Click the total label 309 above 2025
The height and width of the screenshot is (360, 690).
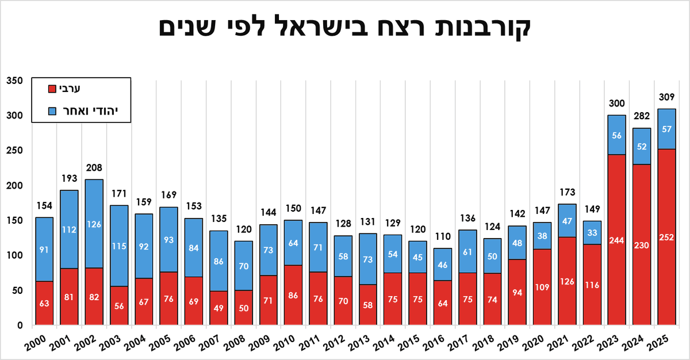click(667, 97)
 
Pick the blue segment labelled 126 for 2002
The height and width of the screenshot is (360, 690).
click(94, 224)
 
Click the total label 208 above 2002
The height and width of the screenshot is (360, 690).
click(94, 168)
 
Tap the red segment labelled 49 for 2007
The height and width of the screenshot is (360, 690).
click(218, 308)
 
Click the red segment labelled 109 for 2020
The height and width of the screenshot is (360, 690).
click(542, 287)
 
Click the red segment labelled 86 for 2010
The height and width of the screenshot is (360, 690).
click(293, 295)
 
